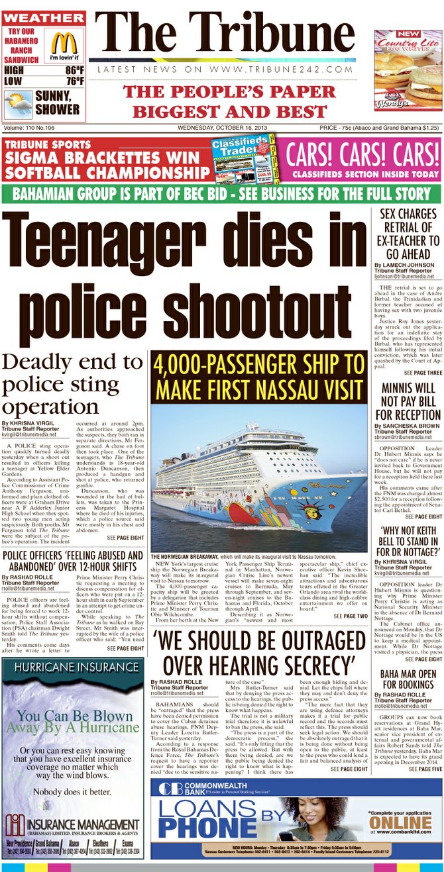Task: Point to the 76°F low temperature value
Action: point(74,81)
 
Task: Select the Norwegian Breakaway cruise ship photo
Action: point(259,479)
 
